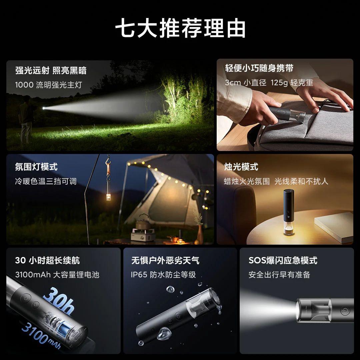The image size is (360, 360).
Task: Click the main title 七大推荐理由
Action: [180, 28]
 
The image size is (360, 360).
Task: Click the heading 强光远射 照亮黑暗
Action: [51, 70]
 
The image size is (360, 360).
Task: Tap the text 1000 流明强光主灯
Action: [48, 85]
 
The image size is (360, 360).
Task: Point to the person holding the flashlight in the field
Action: [26, 119]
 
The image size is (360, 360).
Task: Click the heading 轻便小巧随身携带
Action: [259, 68]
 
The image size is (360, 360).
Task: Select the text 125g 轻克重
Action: [292, 83]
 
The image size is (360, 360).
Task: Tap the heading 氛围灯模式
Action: [36, 167]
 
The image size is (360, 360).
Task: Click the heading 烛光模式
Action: [241, 167]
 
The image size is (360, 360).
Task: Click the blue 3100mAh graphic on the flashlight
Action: [41, 336]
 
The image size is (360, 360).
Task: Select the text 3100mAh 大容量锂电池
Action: [57, 275]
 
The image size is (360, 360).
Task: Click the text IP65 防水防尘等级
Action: [163, 275]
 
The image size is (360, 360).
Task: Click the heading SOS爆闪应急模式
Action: [283, 261]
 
